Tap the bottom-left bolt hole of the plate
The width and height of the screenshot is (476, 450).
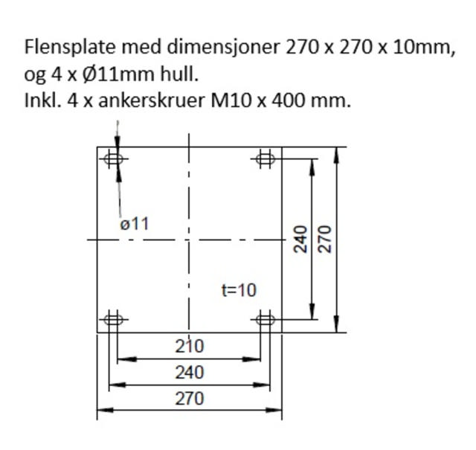[113, 320]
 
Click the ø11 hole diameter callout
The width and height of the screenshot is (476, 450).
[135, 223]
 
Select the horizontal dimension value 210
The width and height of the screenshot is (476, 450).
[189, 346]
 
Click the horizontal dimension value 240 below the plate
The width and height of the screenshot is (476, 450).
[189, 372]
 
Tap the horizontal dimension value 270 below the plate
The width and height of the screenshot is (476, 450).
[189, 399]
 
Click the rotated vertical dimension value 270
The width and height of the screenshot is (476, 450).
[324, 240]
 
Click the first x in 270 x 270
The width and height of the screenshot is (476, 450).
[329, 49]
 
